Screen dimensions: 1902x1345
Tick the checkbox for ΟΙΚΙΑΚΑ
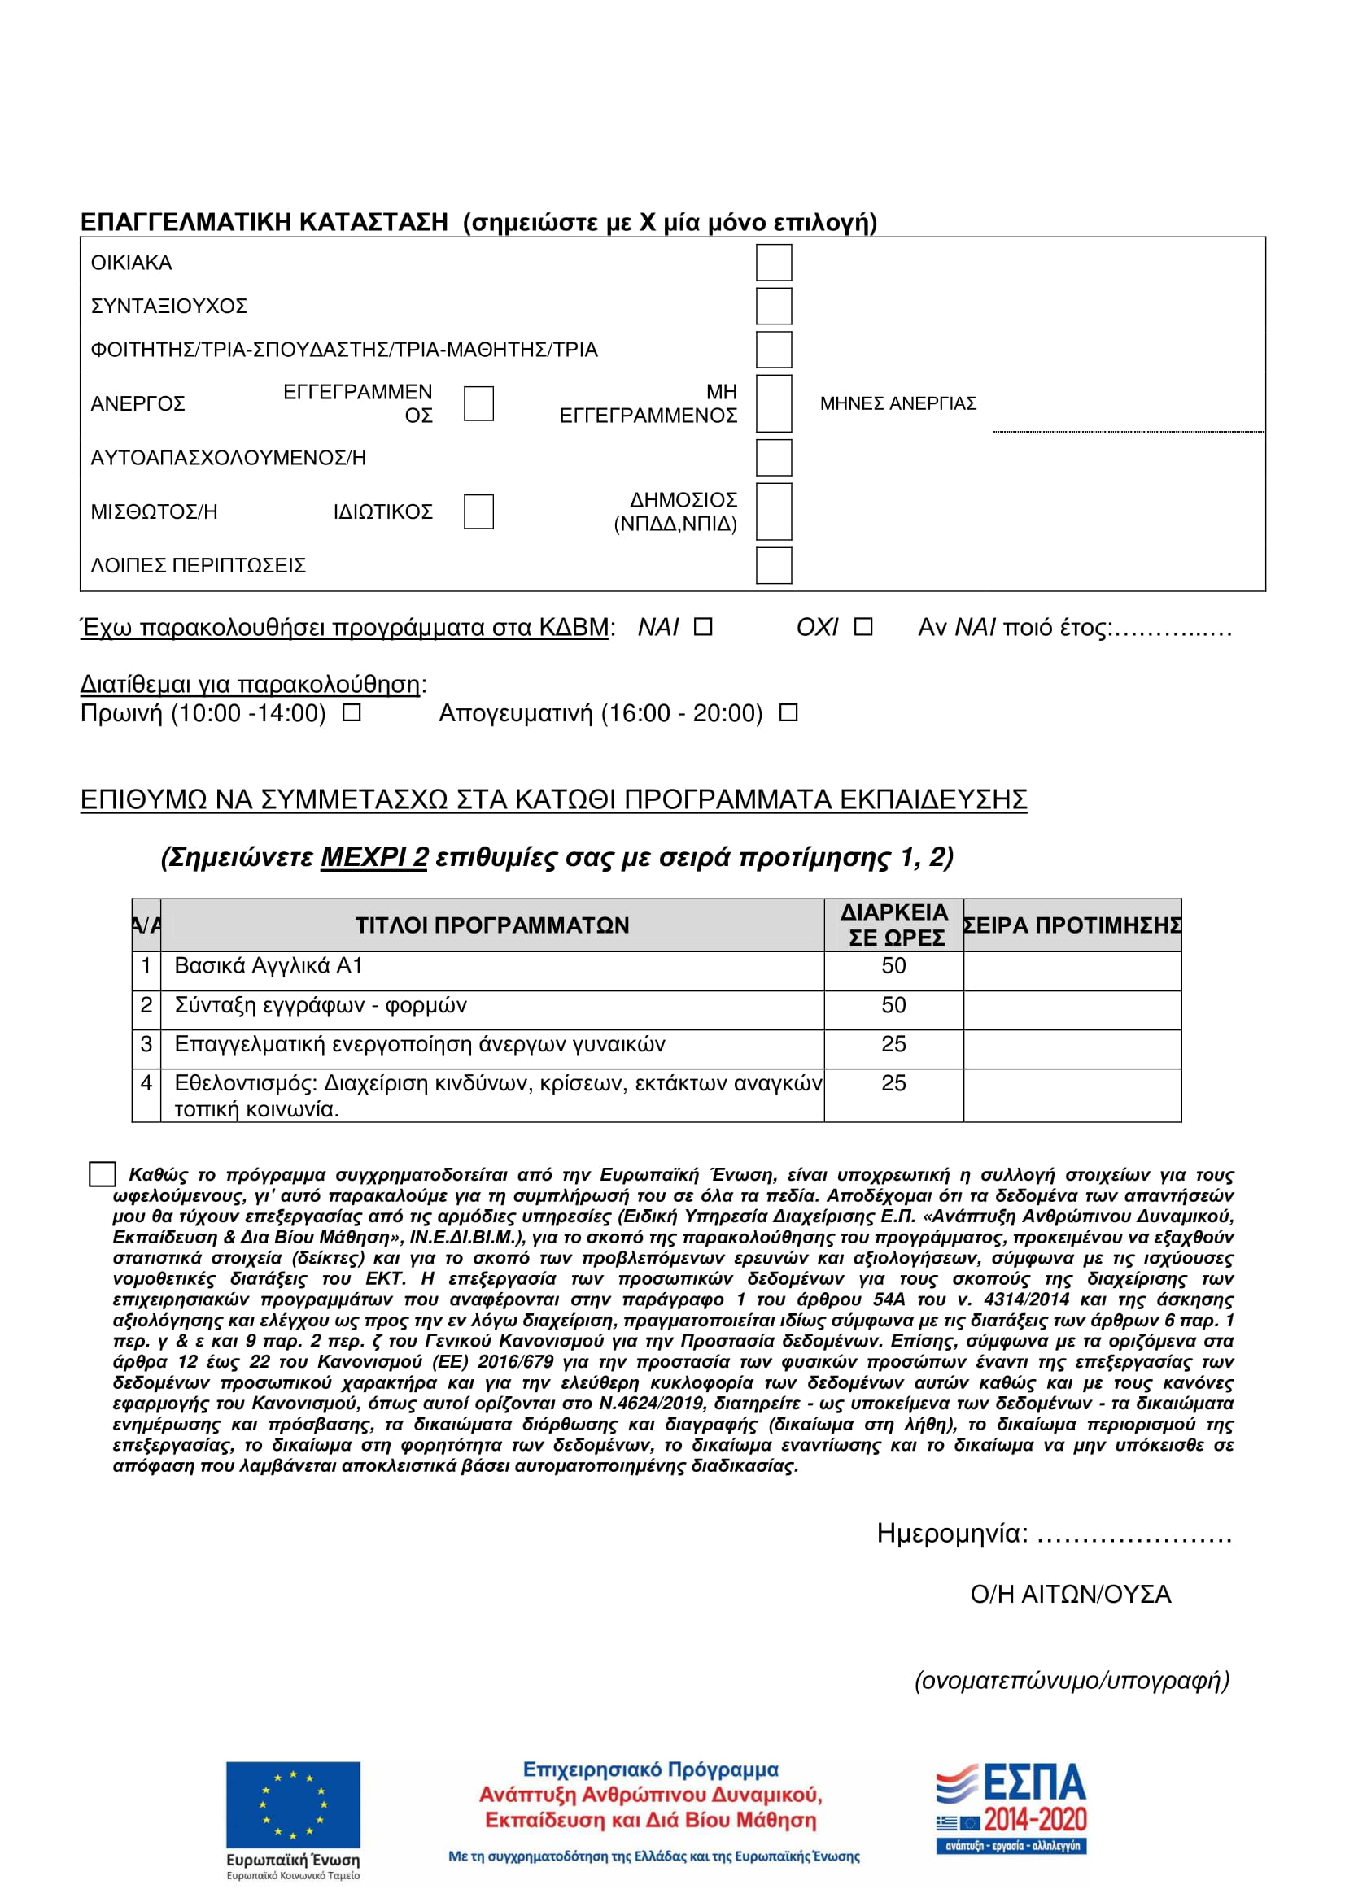[773, 263]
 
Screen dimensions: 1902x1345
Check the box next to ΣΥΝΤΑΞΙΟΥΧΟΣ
[773, 306]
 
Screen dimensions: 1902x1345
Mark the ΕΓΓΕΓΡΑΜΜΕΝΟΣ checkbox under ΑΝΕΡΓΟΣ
[478, 403]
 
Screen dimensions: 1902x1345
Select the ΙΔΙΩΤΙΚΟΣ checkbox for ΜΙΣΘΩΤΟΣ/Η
[478, 511]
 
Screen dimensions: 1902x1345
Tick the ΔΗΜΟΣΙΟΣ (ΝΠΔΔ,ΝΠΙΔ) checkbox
[773, 511]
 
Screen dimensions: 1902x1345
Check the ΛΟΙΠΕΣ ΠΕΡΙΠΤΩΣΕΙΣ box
[773, 565]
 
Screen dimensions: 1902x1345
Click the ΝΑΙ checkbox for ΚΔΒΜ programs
[703, 627]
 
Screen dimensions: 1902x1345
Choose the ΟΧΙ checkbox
[862, 627]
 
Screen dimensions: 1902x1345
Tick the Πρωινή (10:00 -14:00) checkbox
[352, 712]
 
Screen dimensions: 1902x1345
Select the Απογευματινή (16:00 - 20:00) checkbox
[788, 712]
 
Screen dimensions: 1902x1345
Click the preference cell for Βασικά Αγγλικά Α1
[1072, 970]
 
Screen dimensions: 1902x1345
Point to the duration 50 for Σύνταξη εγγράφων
[893, 1006]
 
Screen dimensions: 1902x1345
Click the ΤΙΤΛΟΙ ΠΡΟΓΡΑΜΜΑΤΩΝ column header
[492, 925]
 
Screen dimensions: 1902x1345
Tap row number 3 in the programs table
[146, 1045]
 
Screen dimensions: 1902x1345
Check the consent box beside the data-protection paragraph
[102, 1174]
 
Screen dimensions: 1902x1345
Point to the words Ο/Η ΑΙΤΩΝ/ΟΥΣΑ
[1070, 1595]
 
